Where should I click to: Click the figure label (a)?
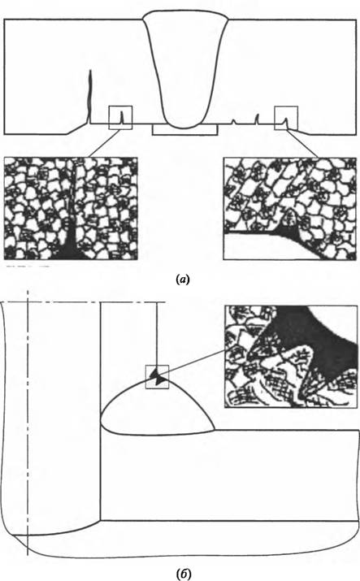(182, 279)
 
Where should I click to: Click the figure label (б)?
(184, 574)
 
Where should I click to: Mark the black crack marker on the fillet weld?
(157, 377)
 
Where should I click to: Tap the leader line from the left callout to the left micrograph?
(100, 143)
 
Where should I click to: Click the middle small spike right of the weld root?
(257, 119)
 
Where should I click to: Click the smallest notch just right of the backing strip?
(234, 122)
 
